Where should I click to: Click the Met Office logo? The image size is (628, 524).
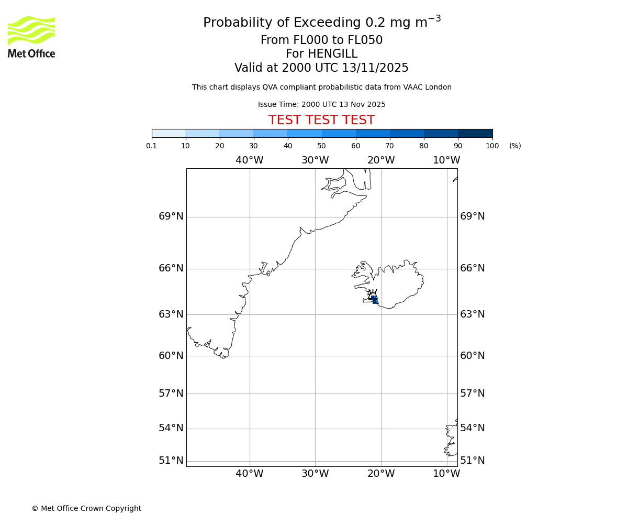click(31, 37)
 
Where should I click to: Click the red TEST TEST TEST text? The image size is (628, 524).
click(321, 120)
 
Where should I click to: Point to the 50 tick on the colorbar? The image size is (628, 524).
click(321, 146)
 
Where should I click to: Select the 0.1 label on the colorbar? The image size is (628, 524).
click(152, 146)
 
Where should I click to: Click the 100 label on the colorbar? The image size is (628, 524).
click(492, 146)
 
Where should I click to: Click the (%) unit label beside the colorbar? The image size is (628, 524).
click(515, 146)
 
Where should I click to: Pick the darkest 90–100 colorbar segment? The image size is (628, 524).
click(475, 133)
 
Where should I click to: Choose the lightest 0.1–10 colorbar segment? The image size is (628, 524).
click(169, 133)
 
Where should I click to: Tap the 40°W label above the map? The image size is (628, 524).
click(249, 160)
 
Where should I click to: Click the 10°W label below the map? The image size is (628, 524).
click(446, 474)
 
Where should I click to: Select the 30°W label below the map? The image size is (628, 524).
click(315, 474)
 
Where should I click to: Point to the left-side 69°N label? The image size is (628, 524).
click(171, 216)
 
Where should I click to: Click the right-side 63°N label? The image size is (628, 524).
click(473, 314)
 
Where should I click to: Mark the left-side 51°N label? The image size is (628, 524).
click(171, 461)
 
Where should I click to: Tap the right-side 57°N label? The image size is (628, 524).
click(473, 394)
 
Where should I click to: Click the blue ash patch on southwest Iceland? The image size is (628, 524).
click(374, 299)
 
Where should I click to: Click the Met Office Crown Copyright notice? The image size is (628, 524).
click(86, 508)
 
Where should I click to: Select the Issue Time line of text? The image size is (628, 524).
click(321, 104)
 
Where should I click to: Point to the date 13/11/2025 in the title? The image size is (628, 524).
click(375, 68)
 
